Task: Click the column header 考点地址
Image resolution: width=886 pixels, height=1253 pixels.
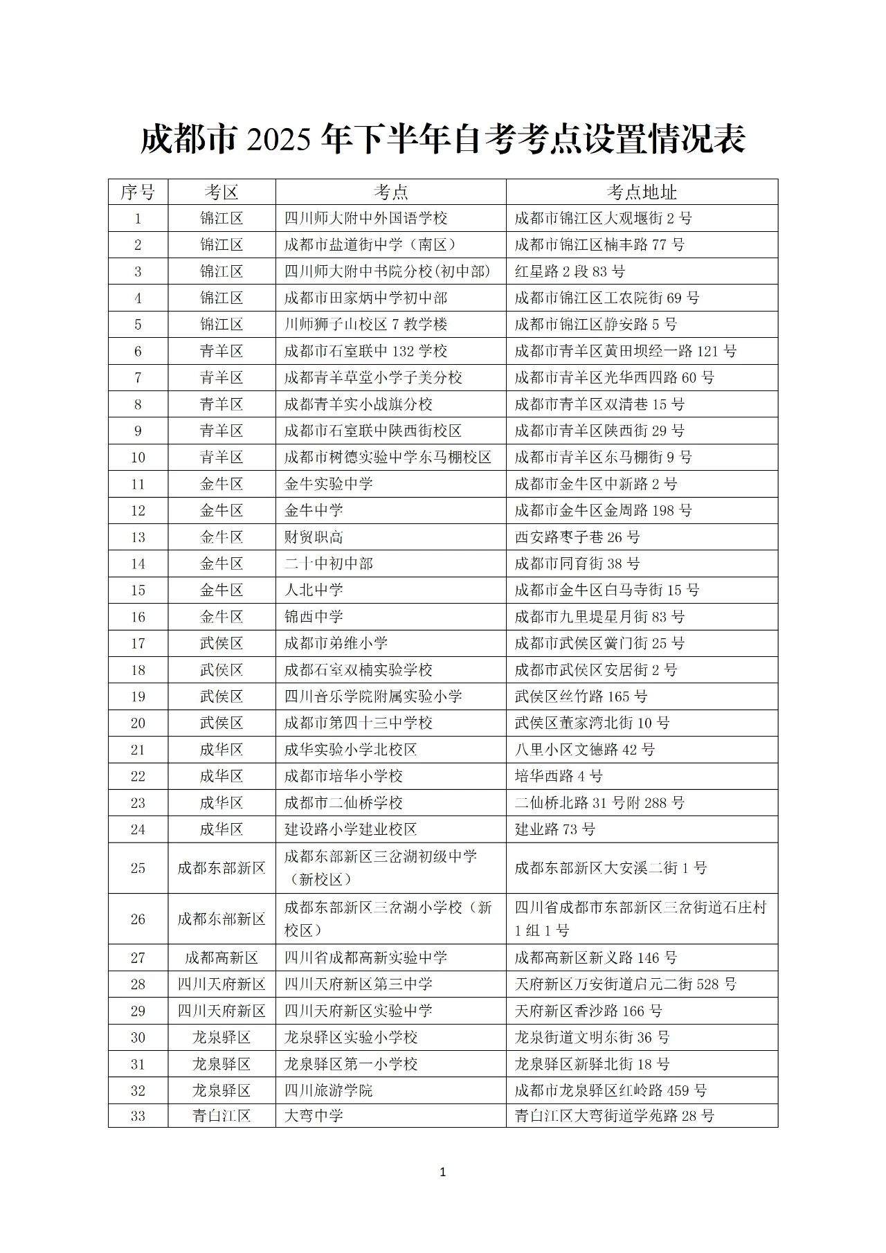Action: (641, 192)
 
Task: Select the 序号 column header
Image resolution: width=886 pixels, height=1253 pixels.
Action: (138, 192)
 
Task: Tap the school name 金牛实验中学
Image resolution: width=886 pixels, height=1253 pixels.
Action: (328, 484)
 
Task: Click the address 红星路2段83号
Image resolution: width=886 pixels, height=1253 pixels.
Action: (569, 271)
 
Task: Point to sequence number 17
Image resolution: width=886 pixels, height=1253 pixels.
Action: (138, 643)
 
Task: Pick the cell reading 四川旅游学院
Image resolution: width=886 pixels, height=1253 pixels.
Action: (328, 1090)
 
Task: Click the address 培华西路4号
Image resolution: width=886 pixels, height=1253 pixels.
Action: (558, 776)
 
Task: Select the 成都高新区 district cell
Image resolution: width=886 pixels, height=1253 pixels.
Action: (221, 957)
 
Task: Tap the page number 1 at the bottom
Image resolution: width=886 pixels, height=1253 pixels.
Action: (443, 1171)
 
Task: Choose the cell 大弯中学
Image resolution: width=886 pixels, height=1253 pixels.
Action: (314, 1115)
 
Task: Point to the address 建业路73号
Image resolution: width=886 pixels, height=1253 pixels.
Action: (554, 829)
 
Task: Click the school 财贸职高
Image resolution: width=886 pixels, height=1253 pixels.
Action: (314, 537)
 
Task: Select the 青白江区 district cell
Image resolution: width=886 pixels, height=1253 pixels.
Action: (221, 1115)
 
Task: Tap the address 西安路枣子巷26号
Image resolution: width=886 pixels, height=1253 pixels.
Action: (577, 537)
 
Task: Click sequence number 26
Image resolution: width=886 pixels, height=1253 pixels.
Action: (138, 919)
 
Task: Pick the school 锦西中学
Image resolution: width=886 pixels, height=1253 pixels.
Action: (314, 617)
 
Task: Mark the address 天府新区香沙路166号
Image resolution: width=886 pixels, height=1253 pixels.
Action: (588, 1011)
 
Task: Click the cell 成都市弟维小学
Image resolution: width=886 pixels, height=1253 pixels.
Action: (336, 643)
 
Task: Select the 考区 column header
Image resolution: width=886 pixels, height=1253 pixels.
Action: (221, 192)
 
